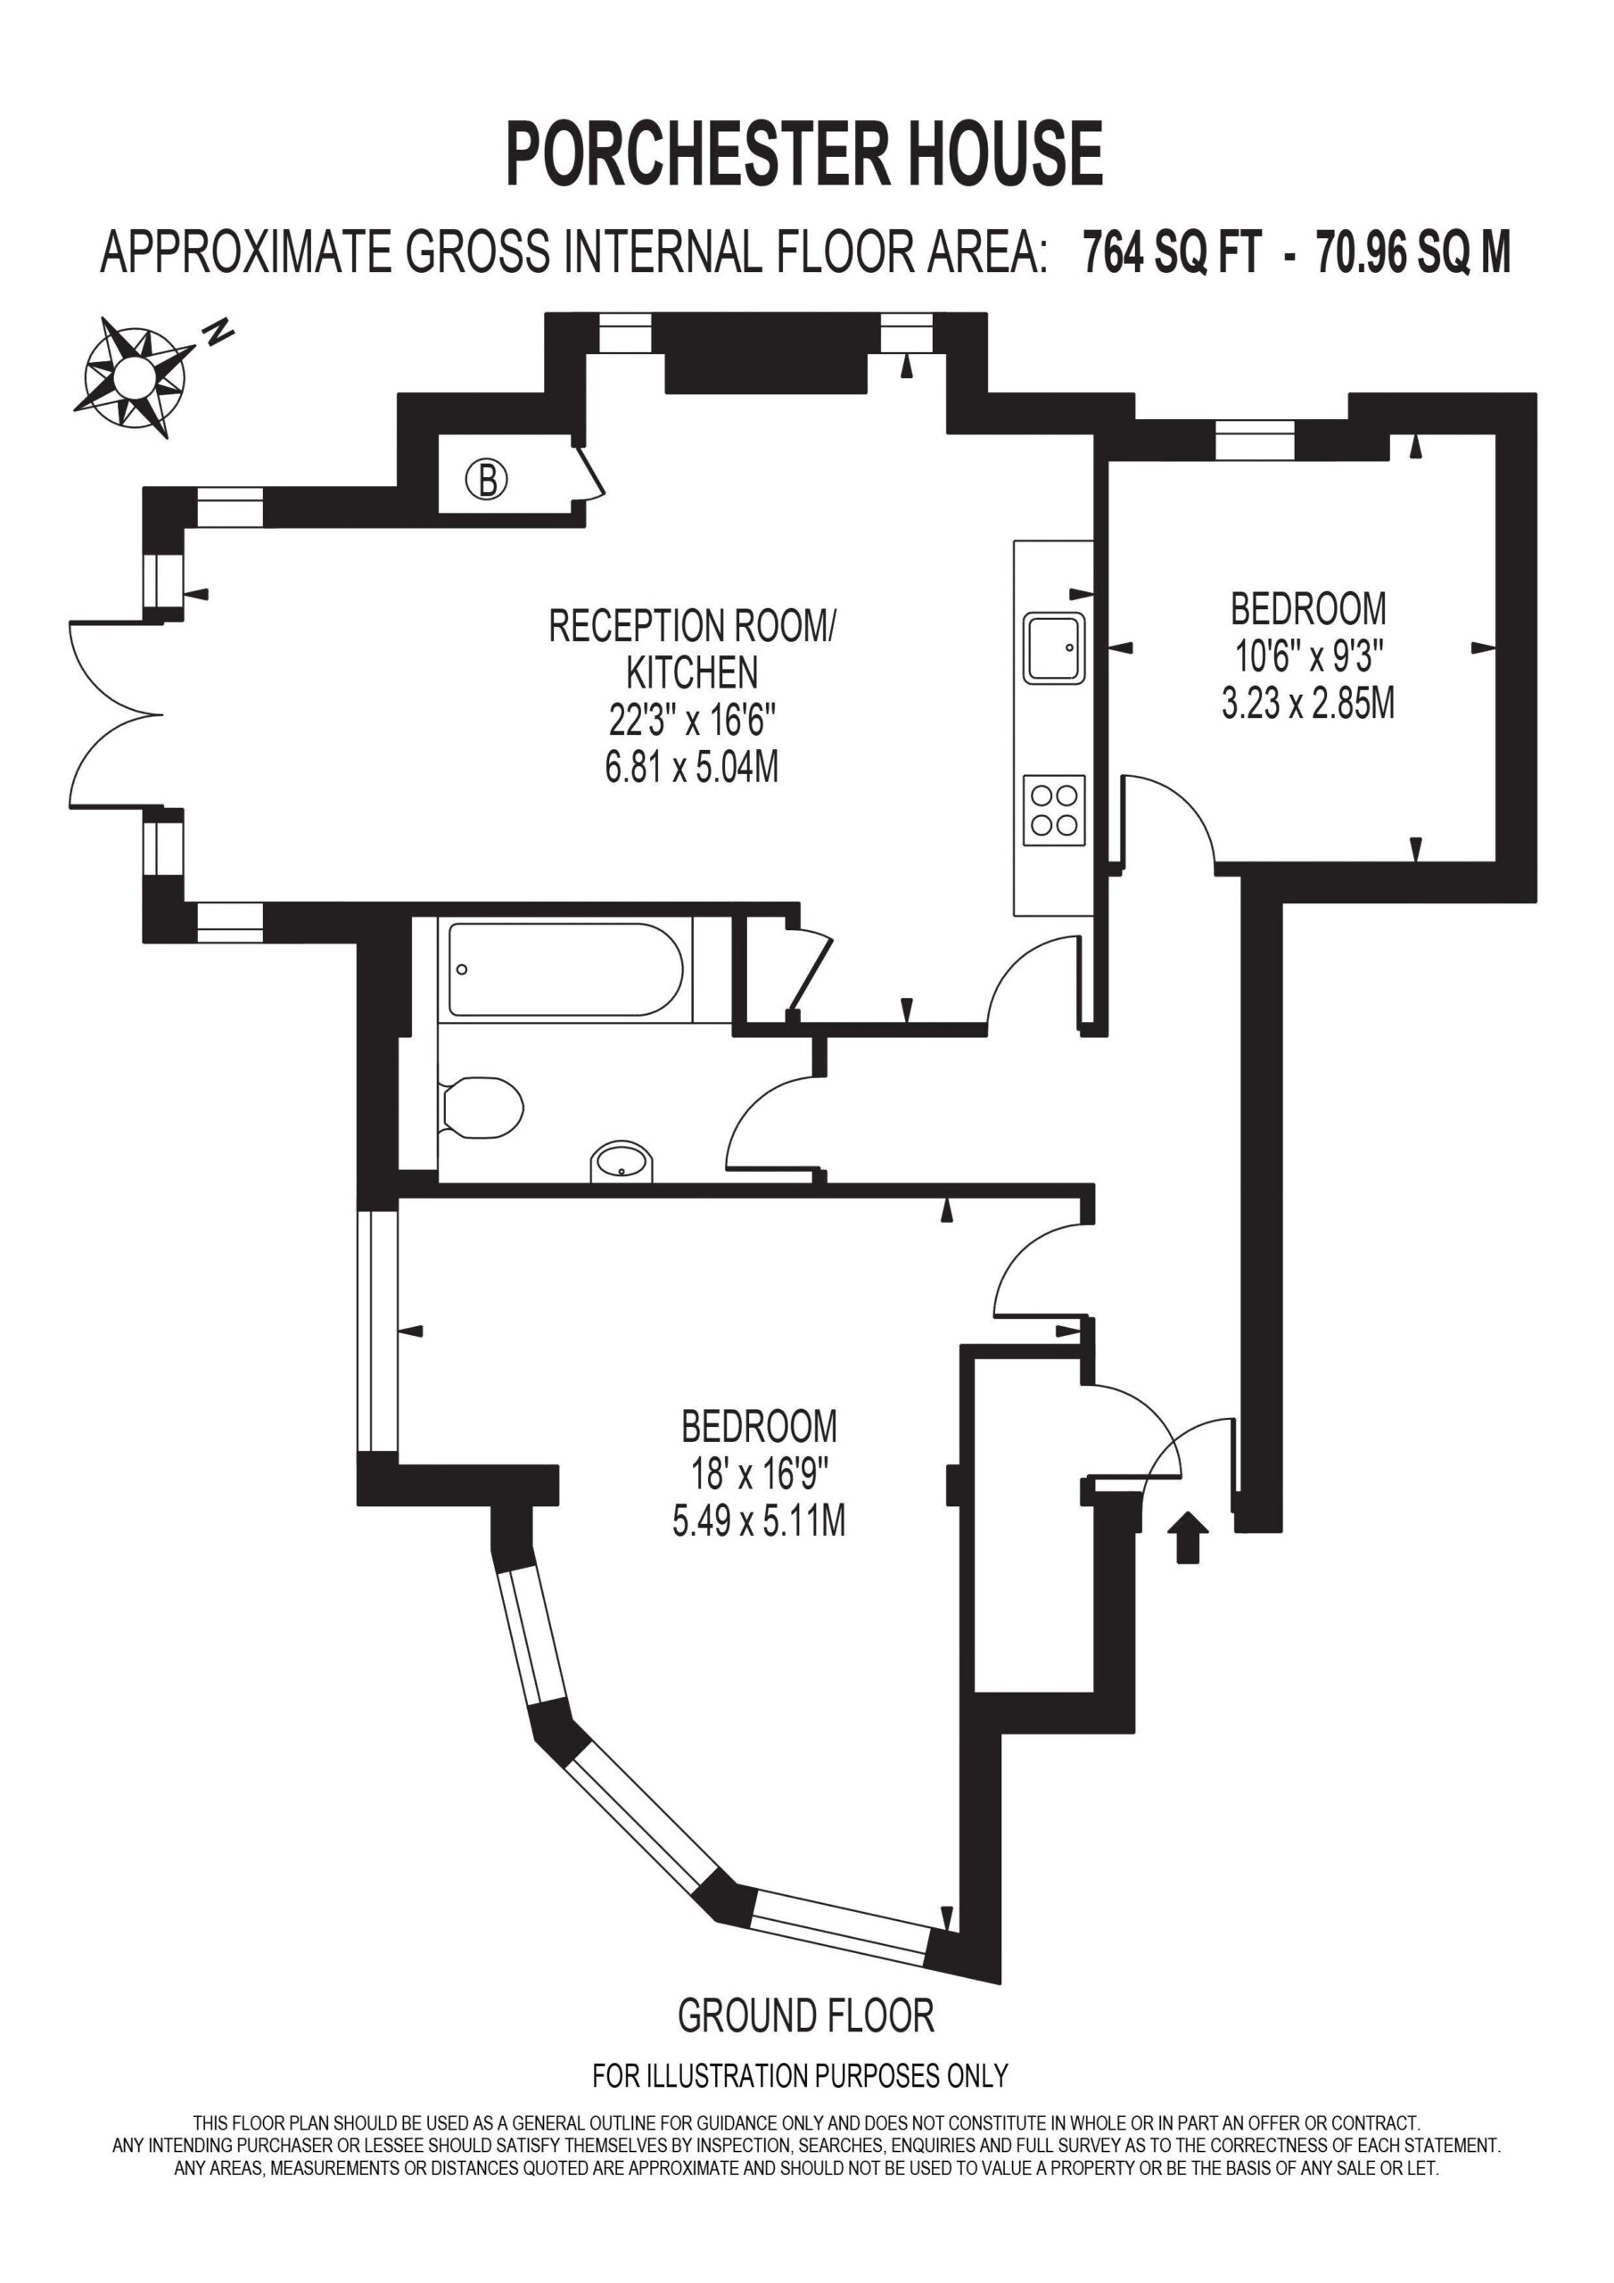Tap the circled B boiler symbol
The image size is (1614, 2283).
pyautogui.click(x=487, y=481)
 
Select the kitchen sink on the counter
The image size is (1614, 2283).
pyautogui.click(x=1055, y=648)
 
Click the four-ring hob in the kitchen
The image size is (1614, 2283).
pyautogui.click(x=1054, y=811)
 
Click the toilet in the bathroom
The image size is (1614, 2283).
pyautogui.click(x=482, y=1107)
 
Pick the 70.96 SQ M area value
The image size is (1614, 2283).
pyautogui.click(x=1413, y=252)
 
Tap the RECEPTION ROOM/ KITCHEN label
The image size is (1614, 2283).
pyautogui.click(x=692, y=649)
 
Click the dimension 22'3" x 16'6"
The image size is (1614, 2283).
pyautogui.click(x=692, y=718)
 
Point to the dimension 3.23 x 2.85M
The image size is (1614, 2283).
pyautogui.click(x=1308, y=703)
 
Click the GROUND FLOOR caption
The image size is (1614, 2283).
pyautogui.click(x=805, y=2015)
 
